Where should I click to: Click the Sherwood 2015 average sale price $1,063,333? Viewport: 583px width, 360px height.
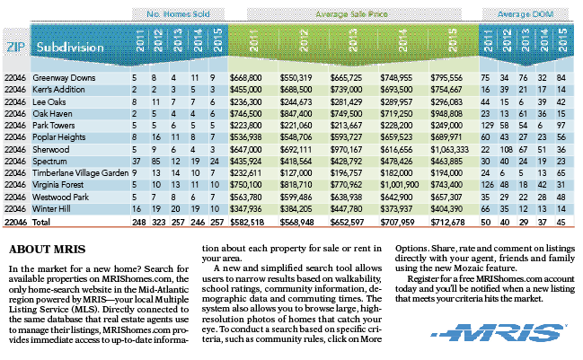(x=449, y=150)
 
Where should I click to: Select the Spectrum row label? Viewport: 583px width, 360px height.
(x=49, y=162)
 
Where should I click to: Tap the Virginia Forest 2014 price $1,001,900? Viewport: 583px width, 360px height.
(x=400, y=185)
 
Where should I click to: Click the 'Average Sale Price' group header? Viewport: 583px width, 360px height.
(x=351, y=14)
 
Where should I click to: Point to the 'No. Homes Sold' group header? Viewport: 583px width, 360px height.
(x=178, y=14)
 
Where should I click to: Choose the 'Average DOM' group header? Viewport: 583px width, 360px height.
(x=526, y=14)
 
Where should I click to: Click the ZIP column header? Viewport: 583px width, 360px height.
(x=16, y=47)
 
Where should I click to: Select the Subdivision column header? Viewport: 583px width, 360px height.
(x=70, y=48)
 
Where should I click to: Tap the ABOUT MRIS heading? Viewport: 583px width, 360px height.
(x=48, y=250)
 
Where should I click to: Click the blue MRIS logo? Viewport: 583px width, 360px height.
(x=499, y=332)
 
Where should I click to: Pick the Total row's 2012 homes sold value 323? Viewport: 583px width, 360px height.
(x=159, y=222)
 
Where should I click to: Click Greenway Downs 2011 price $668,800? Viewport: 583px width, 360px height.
(x=246, y=78)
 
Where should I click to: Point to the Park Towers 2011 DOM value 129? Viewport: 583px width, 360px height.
(x=488, y=126)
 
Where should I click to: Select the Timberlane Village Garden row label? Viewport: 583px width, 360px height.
(x=80, y=173)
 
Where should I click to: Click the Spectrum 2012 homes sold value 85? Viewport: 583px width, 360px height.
(x=155, y=162)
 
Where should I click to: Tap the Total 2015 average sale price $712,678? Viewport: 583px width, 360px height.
(x=447, y=222)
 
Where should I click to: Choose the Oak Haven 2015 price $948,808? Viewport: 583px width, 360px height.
(x=446, y=114)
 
